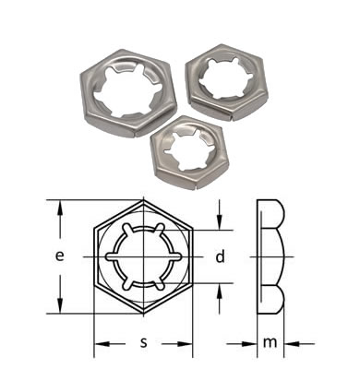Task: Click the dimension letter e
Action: [60, 256]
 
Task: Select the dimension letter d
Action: [220, 256]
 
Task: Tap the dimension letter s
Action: [144, 342]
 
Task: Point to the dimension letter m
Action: [270, 342]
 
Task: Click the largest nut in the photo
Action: [127, 92]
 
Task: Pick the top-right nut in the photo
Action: [226, 82]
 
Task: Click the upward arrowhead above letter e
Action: [61, 208]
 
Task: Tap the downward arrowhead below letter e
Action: [61, 305]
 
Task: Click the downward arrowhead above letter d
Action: [219, 222]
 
